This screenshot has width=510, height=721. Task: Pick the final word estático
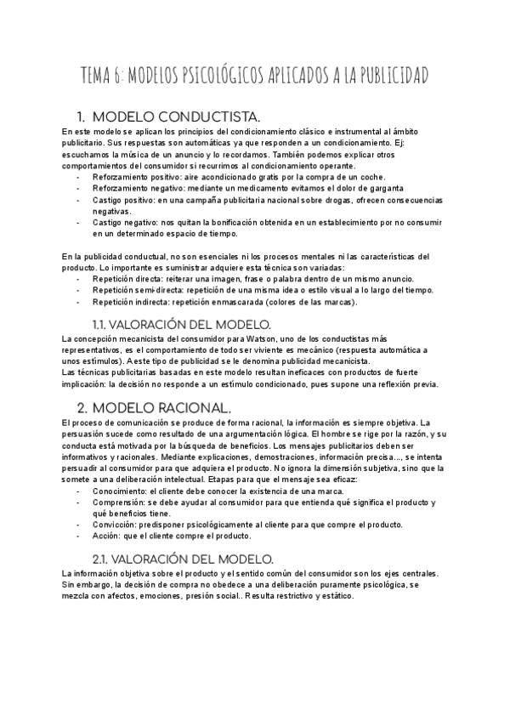pyautogui.click(x=334, y=596)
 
